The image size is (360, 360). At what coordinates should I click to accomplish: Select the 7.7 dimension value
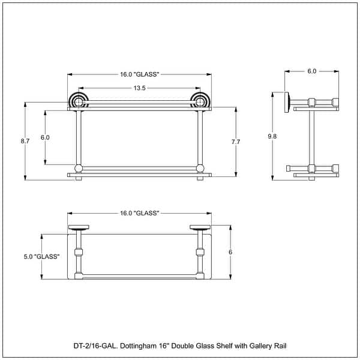235,142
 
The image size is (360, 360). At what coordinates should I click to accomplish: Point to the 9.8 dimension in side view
272,136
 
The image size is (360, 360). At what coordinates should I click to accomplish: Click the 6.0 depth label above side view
312,71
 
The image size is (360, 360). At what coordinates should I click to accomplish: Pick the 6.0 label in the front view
45,137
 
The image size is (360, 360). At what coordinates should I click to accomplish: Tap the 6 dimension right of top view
230,253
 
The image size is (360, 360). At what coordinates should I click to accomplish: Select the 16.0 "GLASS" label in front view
139,74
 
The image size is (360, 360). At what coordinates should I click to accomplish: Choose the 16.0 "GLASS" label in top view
139,213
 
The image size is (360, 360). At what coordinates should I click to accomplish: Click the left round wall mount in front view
79,101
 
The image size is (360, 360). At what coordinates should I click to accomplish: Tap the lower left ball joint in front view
78,167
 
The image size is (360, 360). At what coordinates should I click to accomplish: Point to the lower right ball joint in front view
200,167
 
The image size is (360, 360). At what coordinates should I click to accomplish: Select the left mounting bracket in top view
79,228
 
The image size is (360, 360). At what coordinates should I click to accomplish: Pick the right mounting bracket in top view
199,228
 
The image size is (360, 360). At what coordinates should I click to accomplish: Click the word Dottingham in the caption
134,346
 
